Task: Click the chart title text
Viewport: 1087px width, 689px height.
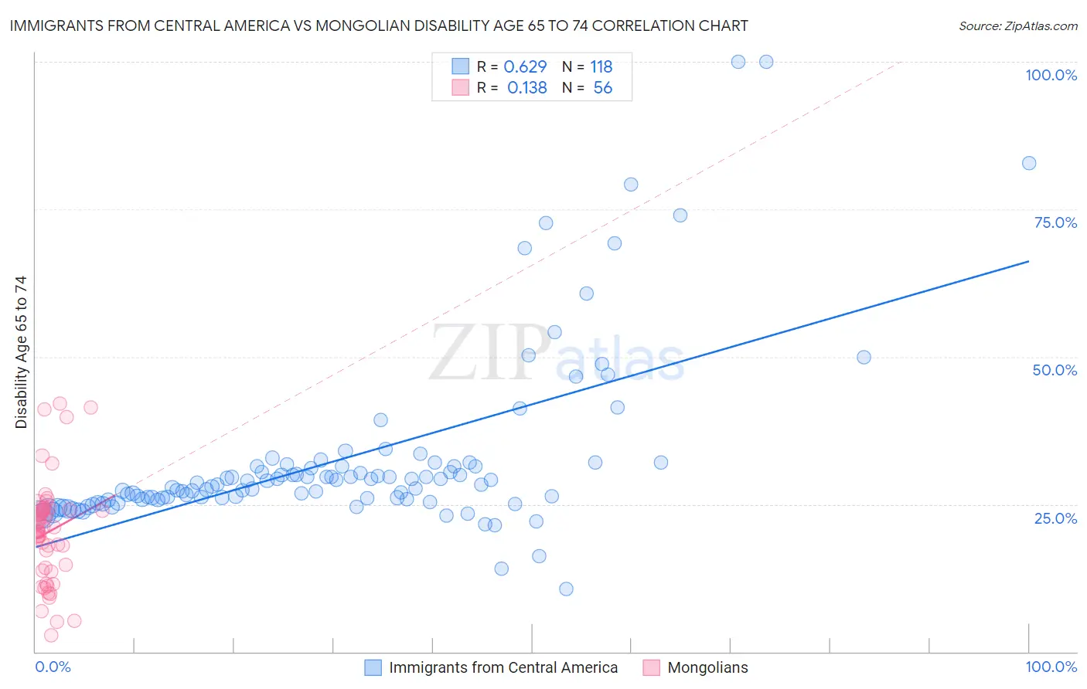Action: pyautogui.click(x=379, y=25)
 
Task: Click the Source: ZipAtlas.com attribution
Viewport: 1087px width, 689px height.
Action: pyautogui.click(x=1017, y=26)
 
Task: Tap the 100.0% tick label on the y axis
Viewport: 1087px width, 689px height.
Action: pyautogui.click(x=1051, y=75)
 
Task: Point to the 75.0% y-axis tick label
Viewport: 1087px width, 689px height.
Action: pyautogui.click(x=1055, y=222)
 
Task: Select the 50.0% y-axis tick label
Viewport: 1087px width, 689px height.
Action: pyautogui.click(x=1055, y=370)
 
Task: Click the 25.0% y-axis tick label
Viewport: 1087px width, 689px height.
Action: pyautogui.click(x=1055, y=518)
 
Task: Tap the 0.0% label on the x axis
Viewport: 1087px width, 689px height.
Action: pyautogui.click(x=53, y=667)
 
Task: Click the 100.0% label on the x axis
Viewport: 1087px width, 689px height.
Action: pyautogui.click(x=1051, y=667)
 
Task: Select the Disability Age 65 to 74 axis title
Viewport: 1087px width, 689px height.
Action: pyautogui.click(x=21, y=351)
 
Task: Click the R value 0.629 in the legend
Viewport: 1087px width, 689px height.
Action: pyautogui.click(x=525, y=66)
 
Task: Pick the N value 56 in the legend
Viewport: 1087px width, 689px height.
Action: pyautogui.click(x=602, y=87)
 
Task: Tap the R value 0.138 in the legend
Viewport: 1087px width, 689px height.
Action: pyautogui.click(x=526, y=87)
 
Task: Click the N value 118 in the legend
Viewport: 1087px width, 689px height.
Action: pyautogui.click(x=601, y=66)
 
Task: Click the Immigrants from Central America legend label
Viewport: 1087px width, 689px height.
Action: pyautogui.click(x=503, y=667)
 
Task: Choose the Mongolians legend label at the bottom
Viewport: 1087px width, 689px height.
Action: pyautogui.click(x=707, y=667)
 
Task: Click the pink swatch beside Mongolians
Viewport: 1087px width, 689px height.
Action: pyautogui.click(x=651, y=667)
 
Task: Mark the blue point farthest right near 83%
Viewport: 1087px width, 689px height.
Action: pyautogui.click(x=1029, y=163)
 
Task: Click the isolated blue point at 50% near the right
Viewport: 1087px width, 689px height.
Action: pyautogui.click(x=864, y=357)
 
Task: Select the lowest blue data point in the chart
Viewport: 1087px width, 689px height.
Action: pyautogui.click(x=566, y=589)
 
